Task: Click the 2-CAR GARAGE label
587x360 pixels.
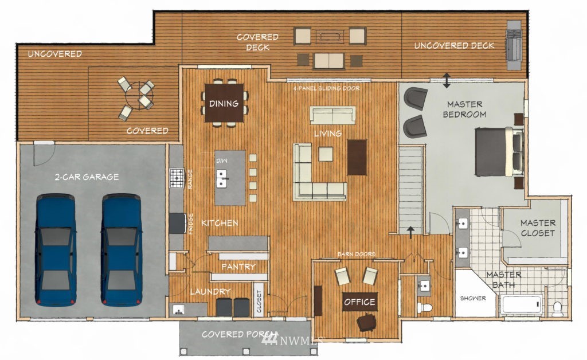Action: click(x=87, y=177)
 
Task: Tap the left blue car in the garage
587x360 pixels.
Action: click(x=56, y=249)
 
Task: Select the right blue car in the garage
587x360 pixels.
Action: click(x=122, y=249)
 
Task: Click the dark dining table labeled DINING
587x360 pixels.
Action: click(x=224, y=103)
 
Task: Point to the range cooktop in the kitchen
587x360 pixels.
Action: click(x=177, y=178)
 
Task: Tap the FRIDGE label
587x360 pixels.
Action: click(x=190, y=224)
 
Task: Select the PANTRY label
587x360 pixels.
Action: click(x=238, y=267)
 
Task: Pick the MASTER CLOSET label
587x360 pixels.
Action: click(x=538, y=228)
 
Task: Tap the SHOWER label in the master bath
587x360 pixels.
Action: click(x=473, y=298)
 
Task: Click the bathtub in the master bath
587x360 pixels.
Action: click(x=522, y=304)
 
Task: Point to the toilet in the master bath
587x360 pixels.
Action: click(x=557, y=308)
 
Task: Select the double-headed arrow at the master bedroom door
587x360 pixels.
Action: click(x=447, y=80)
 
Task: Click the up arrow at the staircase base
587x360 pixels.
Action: click(x=410, y=232)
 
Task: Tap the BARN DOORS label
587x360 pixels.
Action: click(x=357, y=254)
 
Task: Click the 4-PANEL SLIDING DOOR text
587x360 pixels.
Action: click(x=326, y=88)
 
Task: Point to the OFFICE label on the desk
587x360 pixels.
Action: click(x=360, y=302)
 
